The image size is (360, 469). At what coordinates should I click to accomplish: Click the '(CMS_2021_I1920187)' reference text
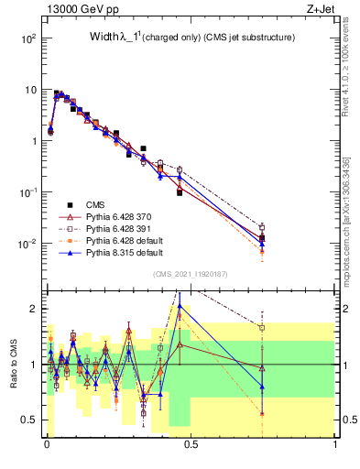(x=191, y=273)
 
